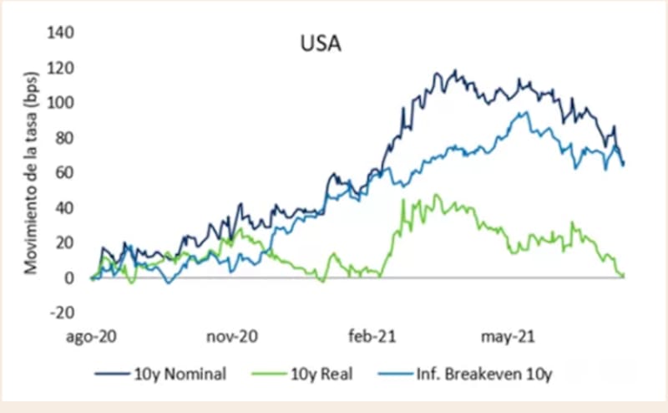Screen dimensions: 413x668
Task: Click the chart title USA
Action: (x=321, y=43)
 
